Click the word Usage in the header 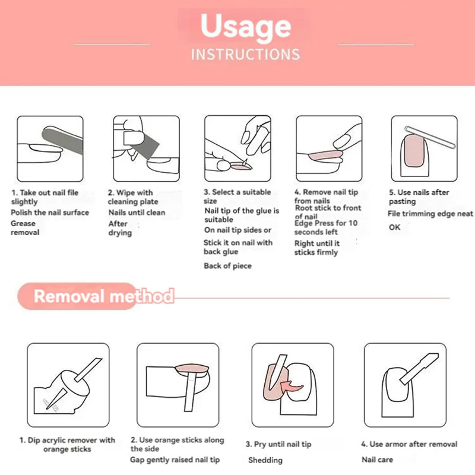[x=245, y=27]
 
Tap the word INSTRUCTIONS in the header [x=245, y=55]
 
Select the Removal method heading [x=103, y=296]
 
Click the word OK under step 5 [x=395, y=227]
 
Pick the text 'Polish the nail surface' [x=50, y=213]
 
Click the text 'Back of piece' [x=227, y=266]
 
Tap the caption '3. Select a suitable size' [x=237, y=197]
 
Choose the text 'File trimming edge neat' [x=430, y=214]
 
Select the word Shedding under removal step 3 [x=265, y=460]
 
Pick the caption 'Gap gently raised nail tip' [x=175, y=460]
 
